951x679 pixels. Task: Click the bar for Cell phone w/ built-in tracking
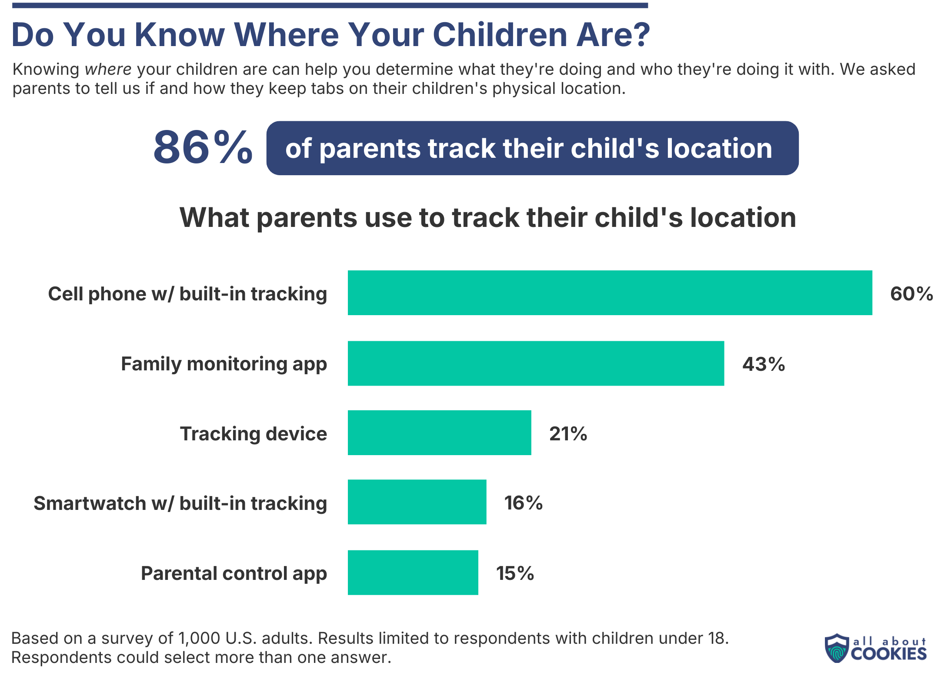coord(610,293)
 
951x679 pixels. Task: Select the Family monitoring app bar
coord(536,363)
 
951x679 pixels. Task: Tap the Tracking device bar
coord(439,433)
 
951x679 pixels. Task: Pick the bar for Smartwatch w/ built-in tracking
coord(417,502)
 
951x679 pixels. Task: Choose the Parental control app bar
coord(413,572)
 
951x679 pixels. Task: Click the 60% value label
coord(911,294)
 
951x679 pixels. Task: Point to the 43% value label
coord(764,364)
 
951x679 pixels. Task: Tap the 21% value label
coord(568,433)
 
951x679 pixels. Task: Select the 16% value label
coord(523,503)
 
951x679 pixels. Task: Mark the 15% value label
coord(515,573)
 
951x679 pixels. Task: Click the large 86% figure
coord(203,147)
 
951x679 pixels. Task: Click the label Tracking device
coord(254,433)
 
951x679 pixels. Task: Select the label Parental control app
coord(234,573)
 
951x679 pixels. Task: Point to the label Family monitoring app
coord(224,364)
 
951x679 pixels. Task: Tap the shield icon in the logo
coord(837,648)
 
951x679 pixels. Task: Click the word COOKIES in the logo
coord(889,653)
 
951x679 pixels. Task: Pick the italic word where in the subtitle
coord(108,70)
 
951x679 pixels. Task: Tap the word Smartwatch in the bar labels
coord(90,503)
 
